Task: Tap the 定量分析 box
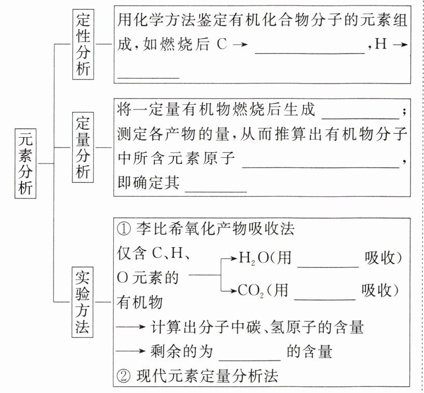pos(82,147)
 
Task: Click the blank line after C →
pos(310,52)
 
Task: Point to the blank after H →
pos(149,76)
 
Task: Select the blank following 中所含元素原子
pos(322,166)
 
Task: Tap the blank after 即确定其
pos(216,190)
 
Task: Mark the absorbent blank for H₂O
pos(327,265)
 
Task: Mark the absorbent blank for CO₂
pos(324,297)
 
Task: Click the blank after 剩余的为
pos(249,358)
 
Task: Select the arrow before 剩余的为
pos(131,352)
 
